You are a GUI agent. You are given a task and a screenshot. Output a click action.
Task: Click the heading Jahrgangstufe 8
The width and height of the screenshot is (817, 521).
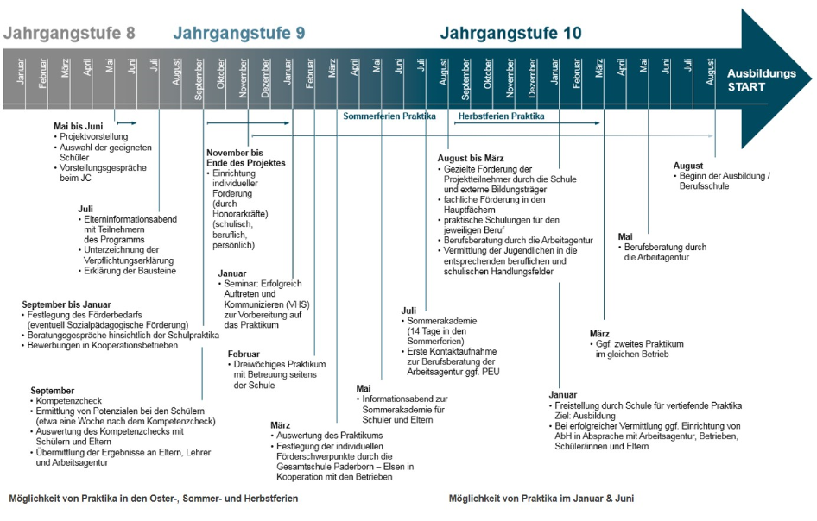[70, 34]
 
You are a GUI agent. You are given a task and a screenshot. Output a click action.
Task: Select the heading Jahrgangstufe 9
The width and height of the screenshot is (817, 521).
[239, 34]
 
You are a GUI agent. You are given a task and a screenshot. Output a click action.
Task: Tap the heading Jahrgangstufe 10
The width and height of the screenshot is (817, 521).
[510, 34]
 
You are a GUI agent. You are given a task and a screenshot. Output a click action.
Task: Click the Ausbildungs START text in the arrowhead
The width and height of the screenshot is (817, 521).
[761, 80]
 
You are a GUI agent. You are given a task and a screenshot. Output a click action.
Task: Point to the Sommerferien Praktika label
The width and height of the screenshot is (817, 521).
[389, 116]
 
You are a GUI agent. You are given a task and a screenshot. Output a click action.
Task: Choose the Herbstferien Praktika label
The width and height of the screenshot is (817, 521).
[501, 116]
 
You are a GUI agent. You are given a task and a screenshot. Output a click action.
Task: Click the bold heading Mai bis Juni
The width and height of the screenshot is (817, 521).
[78, 126]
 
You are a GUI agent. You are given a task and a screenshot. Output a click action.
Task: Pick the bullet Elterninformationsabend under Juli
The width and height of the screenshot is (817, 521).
[126, 219]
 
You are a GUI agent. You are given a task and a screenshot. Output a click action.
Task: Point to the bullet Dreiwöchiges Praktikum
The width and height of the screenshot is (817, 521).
[279, 365]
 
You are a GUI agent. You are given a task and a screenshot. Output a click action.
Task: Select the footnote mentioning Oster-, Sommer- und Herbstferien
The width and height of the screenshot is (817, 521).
[154, 499]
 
